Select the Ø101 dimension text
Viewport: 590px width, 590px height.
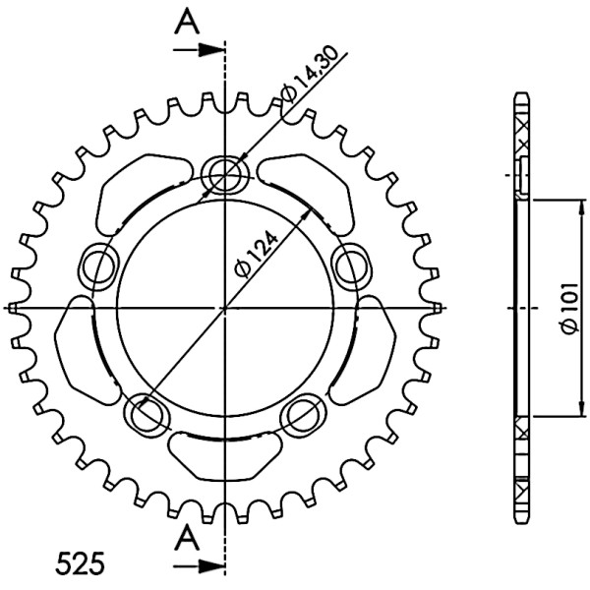tap(569, 308)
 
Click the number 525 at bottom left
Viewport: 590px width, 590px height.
tap(81, 564)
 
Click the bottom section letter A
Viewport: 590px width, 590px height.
tap(188, 539)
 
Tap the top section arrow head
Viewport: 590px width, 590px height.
tap(209, 49)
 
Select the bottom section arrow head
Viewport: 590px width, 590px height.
tap(209, 564)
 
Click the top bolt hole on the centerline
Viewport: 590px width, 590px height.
tap(224, 175)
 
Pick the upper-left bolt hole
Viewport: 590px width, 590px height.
tap(98, 266)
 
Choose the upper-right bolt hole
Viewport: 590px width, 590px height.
tap(353, 267)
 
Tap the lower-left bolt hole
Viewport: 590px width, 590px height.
tap(147, 413)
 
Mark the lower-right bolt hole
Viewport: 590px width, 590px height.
tap(304, 413)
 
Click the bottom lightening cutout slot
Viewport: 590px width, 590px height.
tap(225, 457)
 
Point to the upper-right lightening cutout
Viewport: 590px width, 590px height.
tap(306, 194)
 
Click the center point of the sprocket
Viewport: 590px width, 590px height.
tap(224, 308)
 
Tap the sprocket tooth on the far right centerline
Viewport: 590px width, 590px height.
tap(436, 308)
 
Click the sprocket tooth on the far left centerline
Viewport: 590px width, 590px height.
tap(13, 308)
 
